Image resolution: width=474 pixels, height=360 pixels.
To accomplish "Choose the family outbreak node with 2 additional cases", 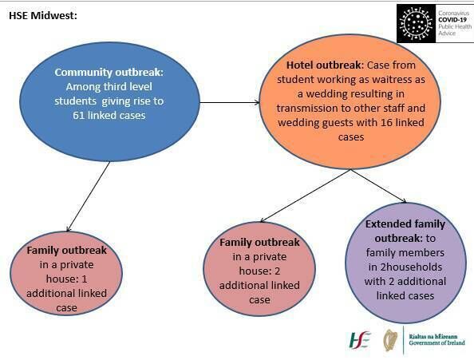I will coord(260,271).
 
